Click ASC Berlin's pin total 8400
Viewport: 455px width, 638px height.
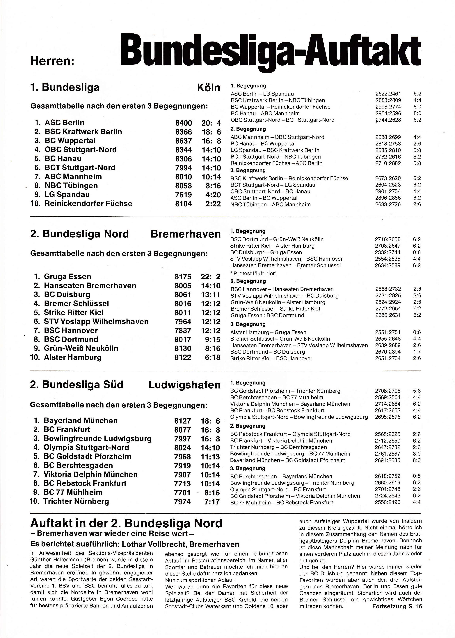coord(184,123)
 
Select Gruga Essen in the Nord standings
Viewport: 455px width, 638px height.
coord(67,277)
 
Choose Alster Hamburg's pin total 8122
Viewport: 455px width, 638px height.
coord(183,358)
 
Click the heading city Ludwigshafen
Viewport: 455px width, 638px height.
coord(184,385)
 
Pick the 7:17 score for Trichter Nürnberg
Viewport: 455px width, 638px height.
coord(212,502)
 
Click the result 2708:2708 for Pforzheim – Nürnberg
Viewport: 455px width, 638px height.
coord(388,391)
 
